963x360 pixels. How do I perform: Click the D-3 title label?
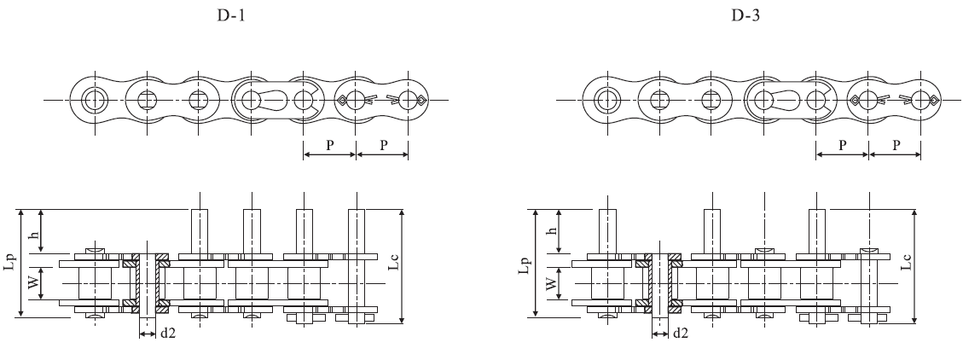(744, 15)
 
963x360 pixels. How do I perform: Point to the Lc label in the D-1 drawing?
(393, 265)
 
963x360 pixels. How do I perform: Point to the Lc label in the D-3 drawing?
(906, 264)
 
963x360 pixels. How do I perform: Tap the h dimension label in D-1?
(34, 232)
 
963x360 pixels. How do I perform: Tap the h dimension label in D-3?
(548, 232)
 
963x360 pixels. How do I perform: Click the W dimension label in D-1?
(34, 282)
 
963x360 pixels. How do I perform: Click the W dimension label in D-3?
(548, 282)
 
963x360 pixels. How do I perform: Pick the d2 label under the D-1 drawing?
(167, 334)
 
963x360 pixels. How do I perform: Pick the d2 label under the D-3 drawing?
(680, 334)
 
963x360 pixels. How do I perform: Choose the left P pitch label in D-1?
(330, 145)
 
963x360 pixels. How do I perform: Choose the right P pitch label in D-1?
(383, 145)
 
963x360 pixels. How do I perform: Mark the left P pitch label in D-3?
(843, 145)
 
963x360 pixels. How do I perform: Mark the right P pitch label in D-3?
(896, 145)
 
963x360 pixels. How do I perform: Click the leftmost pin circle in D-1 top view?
(94, 100)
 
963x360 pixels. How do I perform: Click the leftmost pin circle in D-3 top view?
(606, 100)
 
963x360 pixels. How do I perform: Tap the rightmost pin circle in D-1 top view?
(409, 100)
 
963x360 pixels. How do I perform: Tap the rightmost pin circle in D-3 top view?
(921, 100)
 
